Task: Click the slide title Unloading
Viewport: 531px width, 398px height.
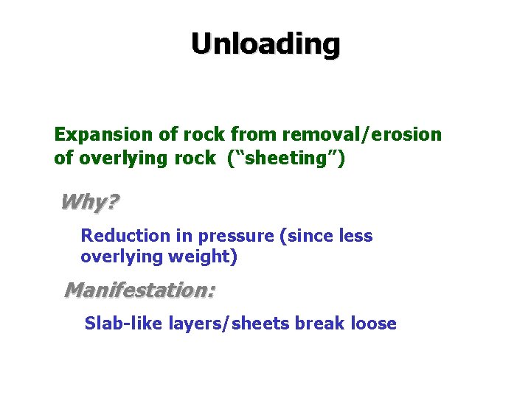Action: (265, 44)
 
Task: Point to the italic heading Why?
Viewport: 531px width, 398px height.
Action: (89, 201)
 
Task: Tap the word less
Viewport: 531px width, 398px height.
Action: (355, 236)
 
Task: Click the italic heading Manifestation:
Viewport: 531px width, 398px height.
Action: (139, 290)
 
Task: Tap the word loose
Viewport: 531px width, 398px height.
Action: (373, 324)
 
